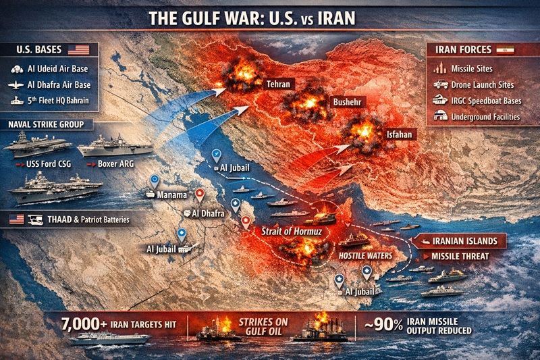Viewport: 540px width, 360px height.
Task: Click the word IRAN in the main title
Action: (330, 18)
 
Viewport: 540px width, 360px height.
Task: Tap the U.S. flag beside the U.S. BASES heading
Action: (78, 50)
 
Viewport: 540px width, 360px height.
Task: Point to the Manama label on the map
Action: (171, 194)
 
